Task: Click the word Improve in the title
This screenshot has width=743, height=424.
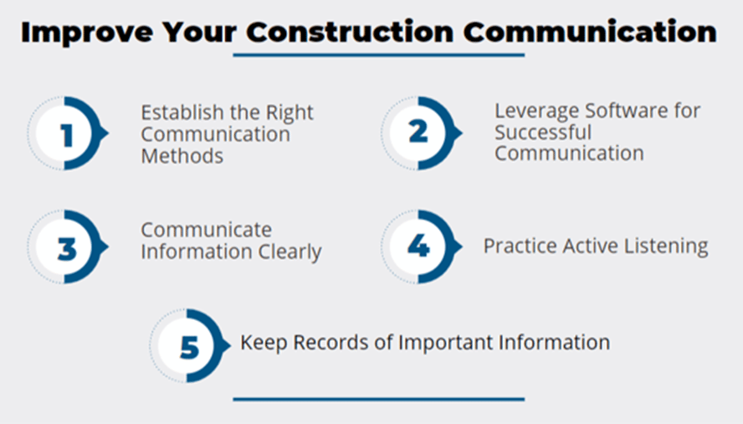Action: click(87, 33)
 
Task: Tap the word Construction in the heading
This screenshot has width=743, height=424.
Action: click(350, 33)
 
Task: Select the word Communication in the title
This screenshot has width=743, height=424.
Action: click(590, 33)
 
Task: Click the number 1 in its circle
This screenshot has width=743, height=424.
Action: click(67, 135)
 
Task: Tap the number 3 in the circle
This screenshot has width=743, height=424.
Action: click(67, 248)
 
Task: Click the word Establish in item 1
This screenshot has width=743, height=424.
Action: click(182, 113)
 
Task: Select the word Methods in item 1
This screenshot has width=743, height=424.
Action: click(182, 156)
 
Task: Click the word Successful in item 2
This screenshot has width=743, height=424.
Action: click(543, 132)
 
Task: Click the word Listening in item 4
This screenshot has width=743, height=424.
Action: click(666, 246)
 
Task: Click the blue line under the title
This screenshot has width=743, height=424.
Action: click(378, 55)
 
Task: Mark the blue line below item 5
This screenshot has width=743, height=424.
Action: click(378, 400)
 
